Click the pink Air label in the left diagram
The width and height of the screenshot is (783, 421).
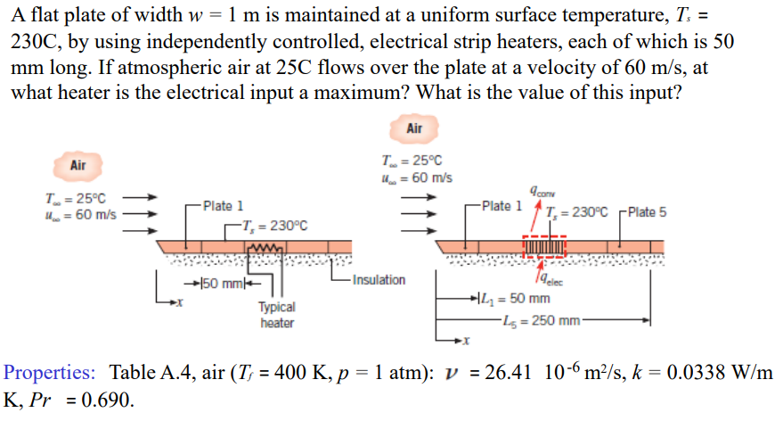pyautogui.click(x=78, y=165)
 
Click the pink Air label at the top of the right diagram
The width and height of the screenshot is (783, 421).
pyautogui.click(x=414, y=128)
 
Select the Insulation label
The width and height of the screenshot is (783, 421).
pyautogui.click(x=379, y=279)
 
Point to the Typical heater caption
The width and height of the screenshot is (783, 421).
pyautogui.click(x=277, y=314)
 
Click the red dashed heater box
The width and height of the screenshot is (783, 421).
pyautogui.click(x=543, y=244)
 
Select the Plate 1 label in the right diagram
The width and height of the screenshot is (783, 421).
pyautogui.click(x=502, y=206)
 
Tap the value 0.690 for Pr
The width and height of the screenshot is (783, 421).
pyautogui.click(x=108, y=400)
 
